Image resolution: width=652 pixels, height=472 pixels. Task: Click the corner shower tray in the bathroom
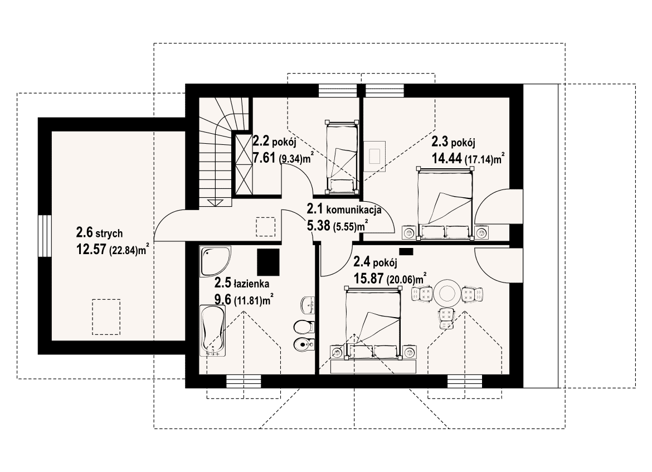click(x=215, y=261)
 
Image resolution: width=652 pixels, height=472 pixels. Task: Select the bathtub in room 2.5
click(x=213, y=330)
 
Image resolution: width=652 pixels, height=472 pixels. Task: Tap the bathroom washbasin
click(x=307, y=304)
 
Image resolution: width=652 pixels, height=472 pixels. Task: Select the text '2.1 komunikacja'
click(x=344, y=209)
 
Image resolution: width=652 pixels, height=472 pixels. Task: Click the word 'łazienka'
click(x=251, y=284)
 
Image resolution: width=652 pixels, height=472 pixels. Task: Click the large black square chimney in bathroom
click(x=268, y=262)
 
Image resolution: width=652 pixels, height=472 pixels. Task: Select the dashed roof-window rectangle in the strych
click(x=106, y=317)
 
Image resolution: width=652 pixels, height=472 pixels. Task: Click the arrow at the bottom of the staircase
click(x=216, y=202)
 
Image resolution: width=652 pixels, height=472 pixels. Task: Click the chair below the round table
click(x=446, y=319)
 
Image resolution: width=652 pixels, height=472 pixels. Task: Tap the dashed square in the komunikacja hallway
click(x=265, y=227)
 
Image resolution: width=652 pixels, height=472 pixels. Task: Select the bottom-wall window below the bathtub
click(x=244, y=381)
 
